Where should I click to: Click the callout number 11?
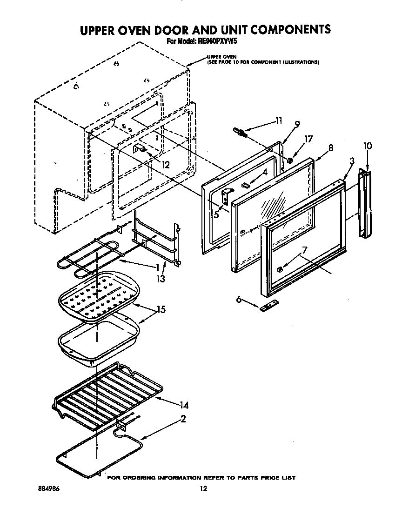tap(278, 121)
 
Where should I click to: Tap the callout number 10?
tap(367, 146)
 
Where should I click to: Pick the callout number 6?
tap(239, 301)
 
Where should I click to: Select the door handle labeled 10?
tap(364, 204)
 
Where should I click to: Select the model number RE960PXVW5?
tap(218, 41)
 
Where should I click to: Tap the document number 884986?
tap(49, 488)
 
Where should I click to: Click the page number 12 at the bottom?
tap(203, 488)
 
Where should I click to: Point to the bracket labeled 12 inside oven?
tap(139, 149)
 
